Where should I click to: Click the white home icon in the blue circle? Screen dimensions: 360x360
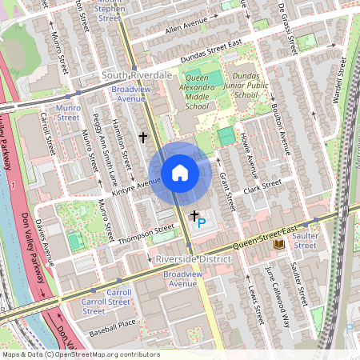click(180, 173)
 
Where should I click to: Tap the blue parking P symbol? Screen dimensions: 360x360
click(201, 224)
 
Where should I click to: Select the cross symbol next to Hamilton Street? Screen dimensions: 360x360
click(143, 138)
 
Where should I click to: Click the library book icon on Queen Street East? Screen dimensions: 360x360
click(278, 242)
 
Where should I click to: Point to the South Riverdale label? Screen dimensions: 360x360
click(137, 74)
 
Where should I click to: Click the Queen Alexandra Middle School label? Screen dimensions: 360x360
click(191, 92)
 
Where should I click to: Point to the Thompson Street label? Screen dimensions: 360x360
click(146, 230)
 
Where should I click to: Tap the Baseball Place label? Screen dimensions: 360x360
click(113, 323)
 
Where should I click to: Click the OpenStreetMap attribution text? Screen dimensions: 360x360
click(81, 354)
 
